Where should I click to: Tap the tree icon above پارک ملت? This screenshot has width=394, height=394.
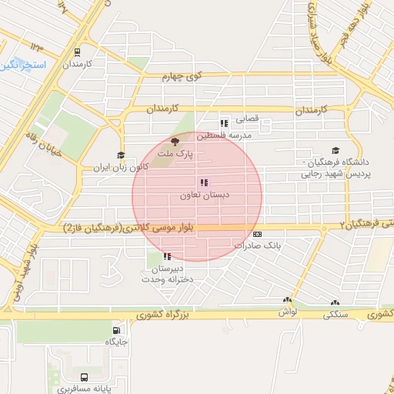pos(175,141)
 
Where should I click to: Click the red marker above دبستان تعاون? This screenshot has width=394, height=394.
pos(203,183)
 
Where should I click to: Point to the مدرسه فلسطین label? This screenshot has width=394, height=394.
pos(224,135)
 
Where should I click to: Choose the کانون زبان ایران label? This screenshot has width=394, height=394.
pos(120,166)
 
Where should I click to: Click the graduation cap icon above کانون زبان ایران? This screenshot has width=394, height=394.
pos(120,155)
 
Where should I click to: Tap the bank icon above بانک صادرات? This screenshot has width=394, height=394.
pos(257,235)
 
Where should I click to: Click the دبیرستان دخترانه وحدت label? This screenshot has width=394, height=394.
pos(167,275)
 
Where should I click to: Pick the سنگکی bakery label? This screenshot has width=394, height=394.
pos(334,314)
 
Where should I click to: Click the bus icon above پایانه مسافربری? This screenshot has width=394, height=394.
pos(83,377)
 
